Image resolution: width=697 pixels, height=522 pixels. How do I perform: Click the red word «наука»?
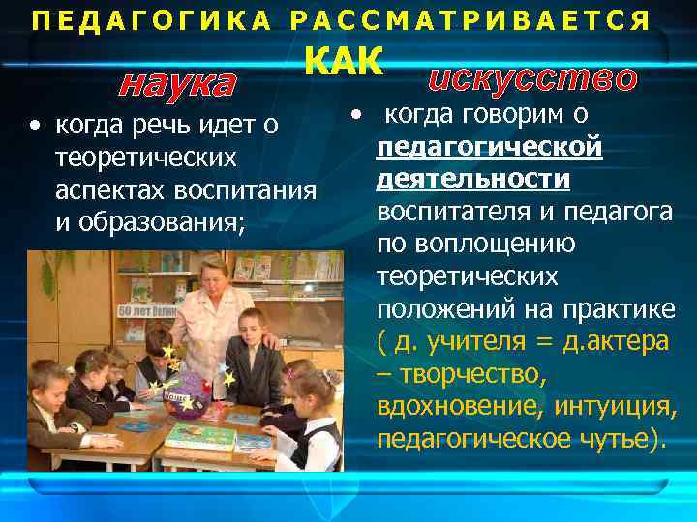[x=177, y=85]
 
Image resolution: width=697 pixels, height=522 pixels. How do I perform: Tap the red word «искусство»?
[x=531, y=77]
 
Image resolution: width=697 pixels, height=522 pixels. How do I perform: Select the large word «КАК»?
[x=345, y=64]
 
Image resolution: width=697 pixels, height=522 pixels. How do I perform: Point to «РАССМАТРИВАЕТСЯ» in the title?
[x=470, y=21]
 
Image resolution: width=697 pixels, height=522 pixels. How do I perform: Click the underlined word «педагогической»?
[x=490, y=148]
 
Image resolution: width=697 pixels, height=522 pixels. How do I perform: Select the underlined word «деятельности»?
[x=473, y=180]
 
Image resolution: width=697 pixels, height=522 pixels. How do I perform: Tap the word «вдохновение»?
[x=461, y=407]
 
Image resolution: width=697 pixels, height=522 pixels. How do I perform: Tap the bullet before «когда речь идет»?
[x=35, y=126]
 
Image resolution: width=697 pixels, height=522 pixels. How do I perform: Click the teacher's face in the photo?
[x=214, y=275]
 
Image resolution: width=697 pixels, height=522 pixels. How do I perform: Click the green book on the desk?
[x=200, y=437]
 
